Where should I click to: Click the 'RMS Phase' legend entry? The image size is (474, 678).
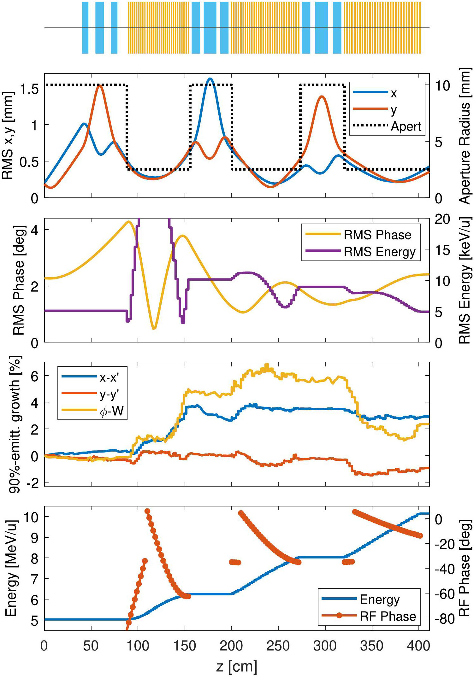pyautogui.click(x=377, y=235)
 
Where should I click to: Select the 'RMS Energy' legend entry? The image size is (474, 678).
pyautogui.click(x=379, y=252)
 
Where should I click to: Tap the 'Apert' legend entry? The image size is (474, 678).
pyautogui.click(x=406, y=126)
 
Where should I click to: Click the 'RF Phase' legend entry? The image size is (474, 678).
pyautogui.click(x=388, y=616)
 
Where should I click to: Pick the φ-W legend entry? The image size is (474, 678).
pyautogui.click(x=111, y=411)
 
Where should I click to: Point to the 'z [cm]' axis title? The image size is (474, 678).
pyautogui.click(x=237, y=666)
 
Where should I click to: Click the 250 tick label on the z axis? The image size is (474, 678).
pyautogui.click(x=278, y=646)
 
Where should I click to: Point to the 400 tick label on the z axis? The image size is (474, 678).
pyautogui.click(x=418, y=646)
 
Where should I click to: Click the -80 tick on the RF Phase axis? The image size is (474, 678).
pyautogui.click(x=444, y=619)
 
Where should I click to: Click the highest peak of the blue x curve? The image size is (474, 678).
pyautogui.click(x=210, y=79)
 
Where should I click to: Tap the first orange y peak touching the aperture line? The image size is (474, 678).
pyautogui.click(x=100, y=85)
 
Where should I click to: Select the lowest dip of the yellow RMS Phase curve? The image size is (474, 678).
pyautogui.click(x=154, y=329)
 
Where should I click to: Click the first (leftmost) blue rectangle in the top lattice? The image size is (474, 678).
pyautogui.click(x=85, y=28)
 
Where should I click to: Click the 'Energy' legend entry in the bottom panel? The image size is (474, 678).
pyautogui.click(x=379, y=599)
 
